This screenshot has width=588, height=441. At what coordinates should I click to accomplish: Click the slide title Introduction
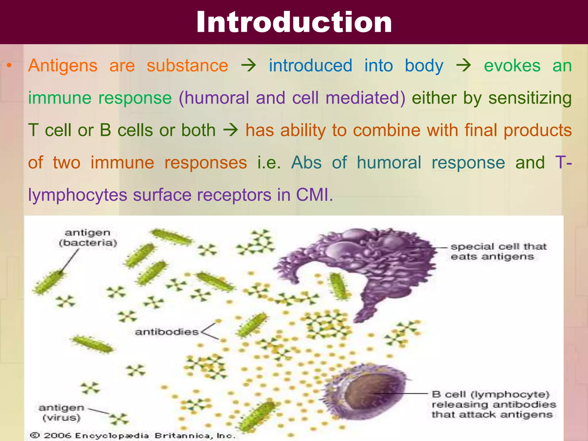294,22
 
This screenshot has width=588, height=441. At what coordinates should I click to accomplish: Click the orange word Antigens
63,66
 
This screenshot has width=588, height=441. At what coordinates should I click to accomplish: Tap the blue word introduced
310,66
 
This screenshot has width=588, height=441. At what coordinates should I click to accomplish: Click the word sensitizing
530,98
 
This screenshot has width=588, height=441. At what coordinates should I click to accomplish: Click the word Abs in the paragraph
306,163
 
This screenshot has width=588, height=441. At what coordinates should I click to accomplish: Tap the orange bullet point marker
9,66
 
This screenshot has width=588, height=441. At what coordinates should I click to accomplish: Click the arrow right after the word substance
249,66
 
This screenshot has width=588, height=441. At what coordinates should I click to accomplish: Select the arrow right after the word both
231,130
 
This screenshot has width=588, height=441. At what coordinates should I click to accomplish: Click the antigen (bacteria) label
88,238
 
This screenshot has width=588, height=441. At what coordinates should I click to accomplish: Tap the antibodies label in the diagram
167,332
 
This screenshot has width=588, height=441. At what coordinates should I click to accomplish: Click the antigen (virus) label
61,413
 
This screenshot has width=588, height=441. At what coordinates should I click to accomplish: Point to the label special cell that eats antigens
498,251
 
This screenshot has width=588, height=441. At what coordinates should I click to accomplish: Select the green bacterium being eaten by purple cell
339,286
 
